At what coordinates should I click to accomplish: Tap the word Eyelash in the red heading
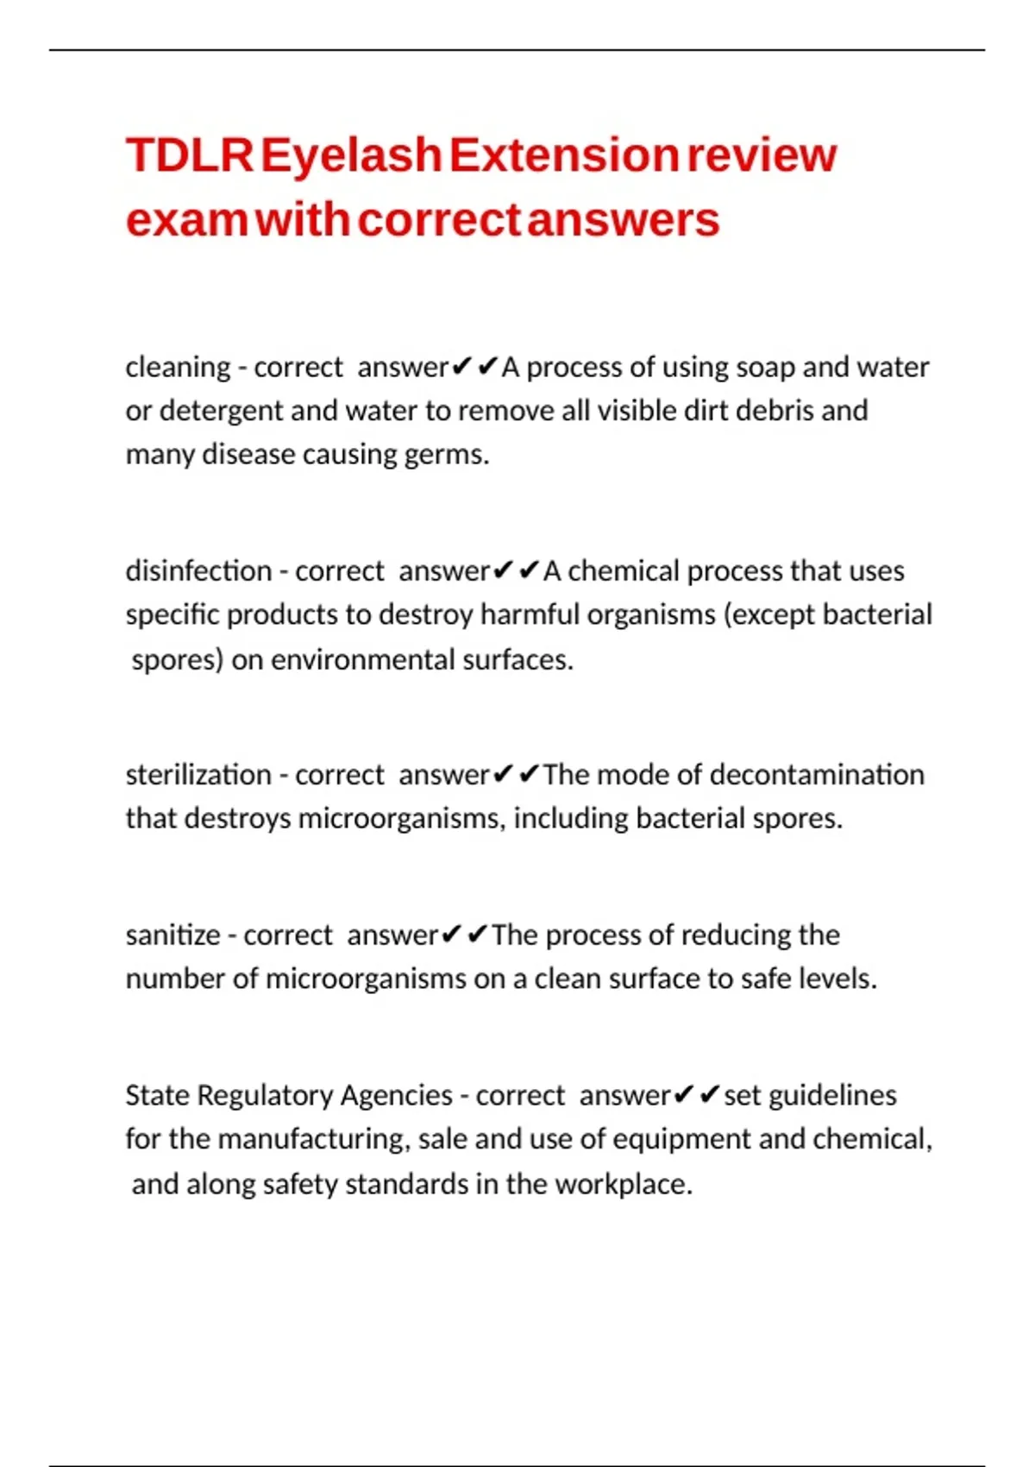(351, 156)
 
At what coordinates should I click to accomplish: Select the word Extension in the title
(564, 156)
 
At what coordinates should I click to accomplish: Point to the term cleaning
(178, 368)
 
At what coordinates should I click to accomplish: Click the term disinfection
(198, 571)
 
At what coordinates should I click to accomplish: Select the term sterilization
(198, 775)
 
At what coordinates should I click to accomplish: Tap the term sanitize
(172, 935)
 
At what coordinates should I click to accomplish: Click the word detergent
(222, 411)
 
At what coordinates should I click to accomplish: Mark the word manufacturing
(312, 1140)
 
